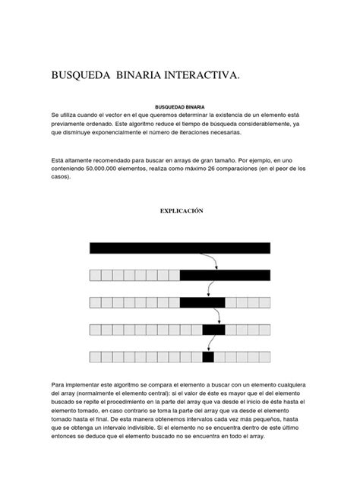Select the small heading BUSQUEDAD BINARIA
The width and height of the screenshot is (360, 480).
(x=180, y=107)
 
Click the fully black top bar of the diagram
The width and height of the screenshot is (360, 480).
(x=180, y=248)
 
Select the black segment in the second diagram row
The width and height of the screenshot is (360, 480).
(x=225, y=275)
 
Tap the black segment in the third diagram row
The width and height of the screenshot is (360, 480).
(x=202, y=302)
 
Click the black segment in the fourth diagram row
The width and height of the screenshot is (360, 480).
(x=213, y=330)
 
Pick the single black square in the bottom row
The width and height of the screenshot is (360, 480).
(x=208, y=357)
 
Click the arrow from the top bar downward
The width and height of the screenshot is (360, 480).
(x=216, y=262)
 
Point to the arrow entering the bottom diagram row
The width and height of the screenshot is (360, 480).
(x=207, y=346)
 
